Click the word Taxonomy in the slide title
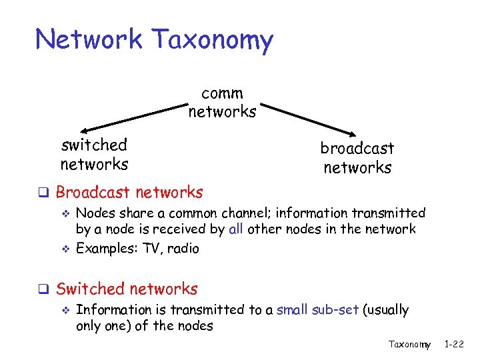(x=212, y=40)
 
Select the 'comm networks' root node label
(x=222, y=103)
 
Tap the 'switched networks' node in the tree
(x=94, y=154)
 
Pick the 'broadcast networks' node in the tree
(x=357, y=157)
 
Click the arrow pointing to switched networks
(x=133, y=117)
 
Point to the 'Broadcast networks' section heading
(x=129, y=193)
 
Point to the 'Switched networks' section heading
(x=127, y=289)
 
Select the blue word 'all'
(x=235, y=229)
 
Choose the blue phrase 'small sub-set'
(x=317, y=309)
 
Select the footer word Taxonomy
(x=409, y=345)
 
